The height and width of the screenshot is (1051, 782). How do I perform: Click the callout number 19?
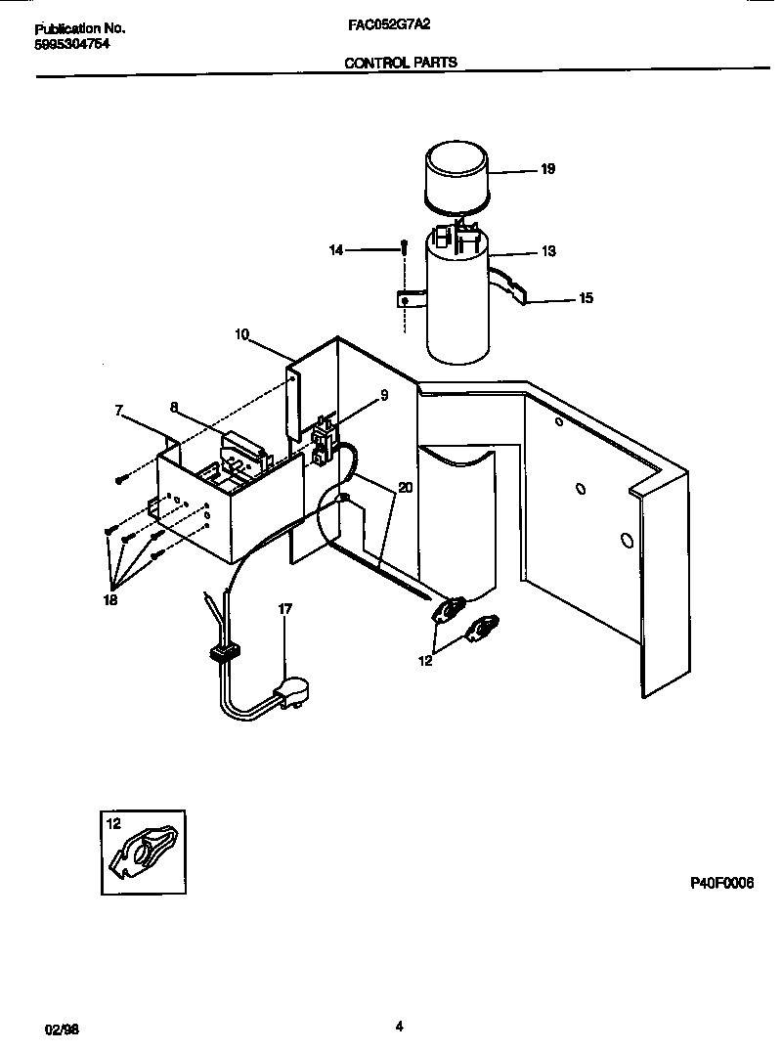click(x=547, y=169)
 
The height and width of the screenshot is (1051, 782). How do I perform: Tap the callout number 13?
click(x=547, y=251)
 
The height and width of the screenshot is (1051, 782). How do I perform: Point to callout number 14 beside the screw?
click(x=335, y=251)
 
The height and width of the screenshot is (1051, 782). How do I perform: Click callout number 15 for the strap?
click(x=586, y=298)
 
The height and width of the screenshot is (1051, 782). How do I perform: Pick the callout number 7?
click(x=120, y=412)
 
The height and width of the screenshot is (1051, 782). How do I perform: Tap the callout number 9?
click(x=384, y=396)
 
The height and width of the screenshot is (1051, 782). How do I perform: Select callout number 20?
click(x=406, y=488)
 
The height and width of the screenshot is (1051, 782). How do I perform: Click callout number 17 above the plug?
click(x=285, y=608)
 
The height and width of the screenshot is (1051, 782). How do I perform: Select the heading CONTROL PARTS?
click(x=400, y=62)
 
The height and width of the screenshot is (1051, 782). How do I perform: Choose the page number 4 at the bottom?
click(x=399, y=1026)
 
